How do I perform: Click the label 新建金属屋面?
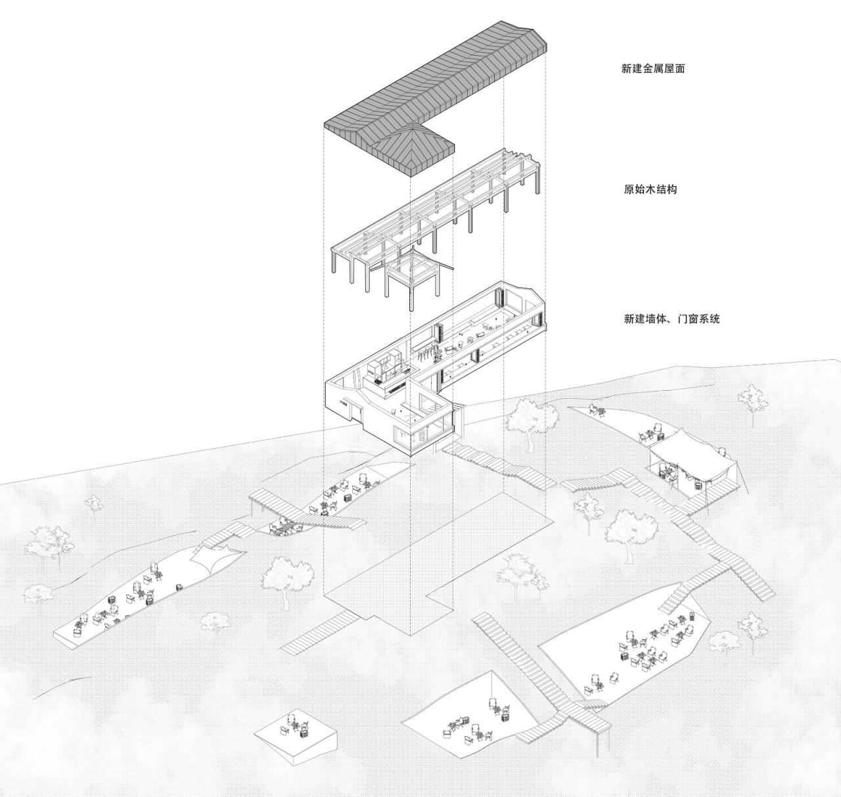(652, 68)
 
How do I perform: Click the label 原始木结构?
(650, 189)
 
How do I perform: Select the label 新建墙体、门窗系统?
(671, 319)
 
